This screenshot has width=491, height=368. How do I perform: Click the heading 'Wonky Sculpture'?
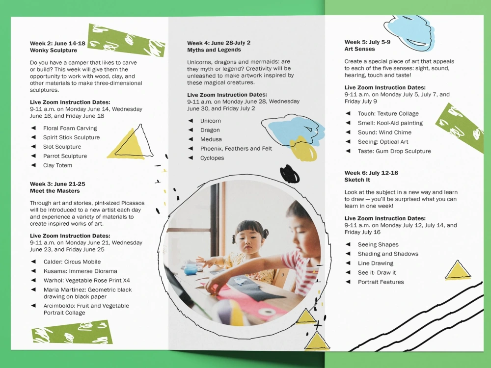(x=54, y=51)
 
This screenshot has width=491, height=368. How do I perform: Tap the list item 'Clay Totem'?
(x=57, y=165)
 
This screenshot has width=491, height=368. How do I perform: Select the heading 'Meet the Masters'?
(x=55, y=191)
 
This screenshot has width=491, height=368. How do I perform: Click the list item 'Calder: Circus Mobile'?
(x=72, y=262)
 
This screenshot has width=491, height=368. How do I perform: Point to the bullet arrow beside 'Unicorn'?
(x=191, y=121)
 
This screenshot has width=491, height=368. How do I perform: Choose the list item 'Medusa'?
(x=211, y=139)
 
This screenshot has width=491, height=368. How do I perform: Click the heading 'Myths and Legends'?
(x=214, y=50)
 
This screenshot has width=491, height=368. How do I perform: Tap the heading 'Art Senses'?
(x=359, y=49)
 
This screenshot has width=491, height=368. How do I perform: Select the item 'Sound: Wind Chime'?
(x=384, y=132)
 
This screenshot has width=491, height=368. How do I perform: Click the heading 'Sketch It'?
(x=357, y=180)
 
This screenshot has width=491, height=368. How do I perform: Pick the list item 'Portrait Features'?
(x=381, y=282)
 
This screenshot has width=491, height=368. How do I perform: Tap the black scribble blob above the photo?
(x=289, y=174)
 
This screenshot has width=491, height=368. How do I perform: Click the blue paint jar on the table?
(x=191, y=269)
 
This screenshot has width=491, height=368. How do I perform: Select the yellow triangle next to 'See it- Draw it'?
(x=458, y=271)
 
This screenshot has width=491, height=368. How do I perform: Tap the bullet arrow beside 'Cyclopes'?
(x=191, y=158)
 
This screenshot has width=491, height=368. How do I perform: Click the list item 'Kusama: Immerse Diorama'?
(x=80, y=271)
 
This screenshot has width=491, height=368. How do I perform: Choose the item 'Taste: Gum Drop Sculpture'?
(x=394, y=151)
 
